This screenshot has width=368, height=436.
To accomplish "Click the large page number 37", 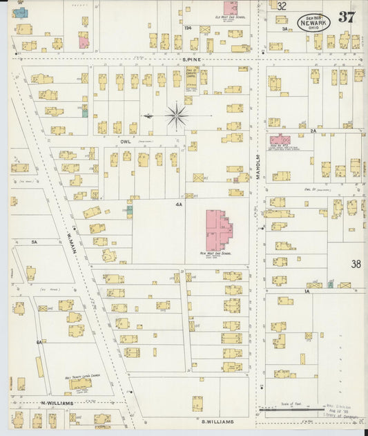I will (x=346, y=17).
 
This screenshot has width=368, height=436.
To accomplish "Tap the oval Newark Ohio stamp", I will (x=313, y=22).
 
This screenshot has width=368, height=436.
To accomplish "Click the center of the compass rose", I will (x=177, y=115).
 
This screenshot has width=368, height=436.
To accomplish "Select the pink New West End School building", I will (x=219, y=230).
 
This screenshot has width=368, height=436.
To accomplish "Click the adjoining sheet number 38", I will (x=356, y=263).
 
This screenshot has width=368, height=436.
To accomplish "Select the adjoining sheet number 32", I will (x=282, y=6).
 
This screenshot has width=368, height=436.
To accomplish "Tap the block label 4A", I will (x=178, y=205).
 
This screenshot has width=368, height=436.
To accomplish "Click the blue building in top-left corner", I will (x=20, y=13).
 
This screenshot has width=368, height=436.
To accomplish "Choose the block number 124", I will (x=187, y=28).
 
